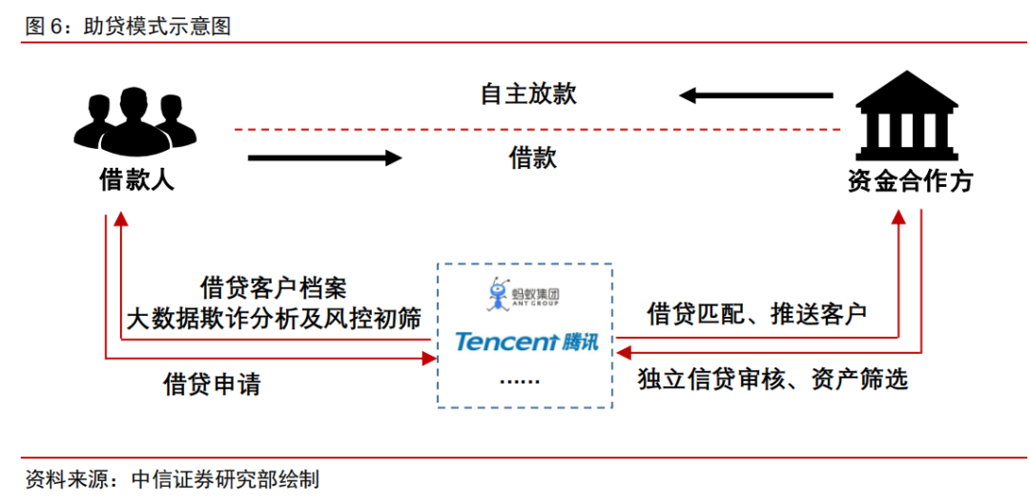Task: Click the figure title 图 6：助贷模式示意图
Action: [x=128, y=26]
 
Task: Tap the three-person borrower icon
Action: [x=134, y=121]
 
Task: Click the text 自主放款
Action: [x=528, y=94]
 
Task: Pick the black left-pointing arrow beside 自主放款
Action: [x=755, y=96]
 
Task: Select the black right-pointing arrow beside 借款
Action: [x=324, y=157]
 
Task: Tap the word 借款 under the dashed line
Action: [x=533, y=157]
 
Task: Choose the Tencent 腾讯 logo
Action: [x=526, y=342]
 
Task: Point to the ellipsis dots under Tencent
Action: [x=520, y=381]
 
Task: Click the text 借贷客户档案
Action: [x=273, y=288]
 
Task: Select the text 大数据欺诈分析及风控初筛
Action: [x=274, y=318]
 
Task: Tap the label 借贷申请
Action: [x=212, y=384]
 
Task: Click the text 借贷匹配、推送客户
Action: [x=756, y=313]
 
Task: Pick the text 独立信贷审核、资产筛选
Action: [x=772, y=379]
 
